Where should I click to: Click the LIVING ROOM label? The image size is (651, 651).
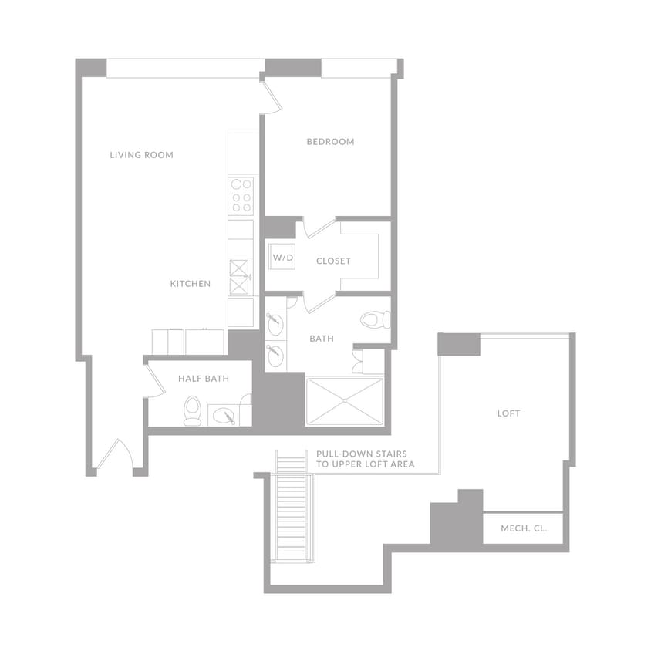tap(141, 155)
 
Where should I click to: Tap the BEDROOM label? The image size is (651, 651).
tap(330, 142)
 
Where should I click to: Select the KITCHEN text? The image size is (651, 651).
tap(190, 284)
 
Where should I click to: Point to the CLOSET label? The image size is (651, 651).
tap(333, 261)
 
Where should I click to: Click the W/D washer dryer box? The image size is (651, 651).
tap(281, 257)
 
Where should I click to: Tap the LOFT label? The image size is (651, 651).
tap(508, 413)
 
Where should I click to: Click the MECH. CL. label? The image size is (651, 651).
tap(524, 528)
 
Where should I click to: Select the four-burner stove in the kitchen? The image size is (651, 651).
tap(241, 196)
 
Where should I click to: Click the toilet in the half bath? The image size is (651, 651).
tap(192, 410)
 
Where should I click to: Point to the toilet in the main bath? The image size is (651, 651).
tap(375, 319)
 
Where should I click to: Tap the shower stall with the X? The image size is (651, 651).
tap(344, 401)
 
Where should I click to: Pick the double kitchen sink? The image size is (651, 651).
tap(241, 278)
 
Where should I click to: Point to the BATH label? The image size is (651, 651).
tap(321, 339)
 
